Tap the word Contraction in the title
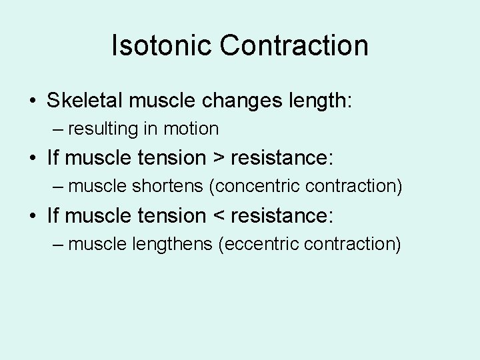(x=294, y=45)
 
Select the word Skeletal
(x=85, y=101)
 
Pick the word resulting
(x=105, y=128)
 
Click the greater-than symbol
(x=218, y=159)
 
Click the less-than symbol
(x=218, y=216)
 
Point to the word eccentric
(x=259, y=244)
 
